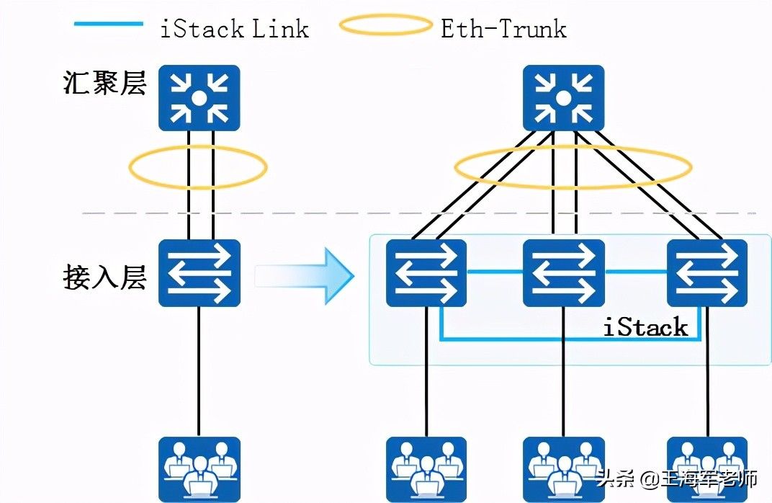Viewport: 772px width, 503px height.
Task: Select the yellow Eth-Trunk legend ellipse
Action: point(386,26)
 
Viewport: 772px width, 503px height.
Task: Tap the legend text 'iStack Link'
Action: point(235,28)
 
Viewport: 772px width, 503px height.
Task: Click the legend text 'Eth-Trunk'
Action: point(503,28)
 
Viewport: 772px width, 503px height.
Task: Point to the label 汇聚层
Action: point(105,84)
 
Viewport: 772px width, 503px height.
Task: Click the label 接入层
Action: point(105,277)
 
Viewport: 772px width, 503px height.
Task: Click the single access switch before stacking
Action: point(199,273)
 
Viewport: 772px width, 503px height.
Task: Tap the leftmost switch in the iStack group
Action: point(426,273)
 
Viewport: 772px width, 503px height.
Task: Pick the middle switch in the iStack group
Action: point(563,273)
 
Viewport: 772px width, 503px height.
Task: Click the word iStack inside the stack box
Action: point(645,328)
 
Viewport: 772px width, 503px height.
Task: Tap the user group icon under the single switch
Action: point(199,468)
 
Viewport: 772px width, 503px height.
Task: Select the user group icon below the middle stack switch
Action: point(563,468)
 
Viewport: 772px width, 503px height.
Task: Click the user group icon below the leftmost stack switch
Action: point(426,468)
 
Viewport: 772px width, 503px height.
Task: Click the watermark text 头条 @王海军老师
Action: point(677,478)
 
